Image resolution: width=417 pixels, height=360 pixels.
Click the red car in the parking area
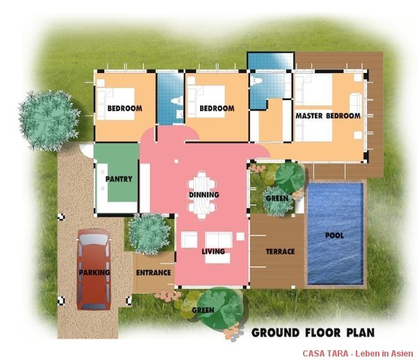tap(94, 270)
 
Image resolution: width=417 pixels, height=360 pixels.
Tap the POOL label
tap(334, 236)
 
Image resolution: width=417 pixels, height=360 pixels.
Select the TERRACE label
tap(280, 252)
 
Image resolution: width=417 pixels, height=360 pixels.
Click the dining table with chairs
tap(202, 195)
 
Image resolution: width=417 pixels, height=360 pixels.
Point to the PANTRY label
tap(119, 179)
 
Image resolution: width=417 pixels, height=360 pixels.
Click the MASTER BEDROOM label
tap(328, 116)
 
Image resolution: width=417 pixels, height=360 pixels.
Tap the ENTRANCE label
tap(154, 272)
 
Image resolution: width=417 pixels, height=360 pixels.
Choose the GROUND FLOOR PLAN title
tap(313, 333)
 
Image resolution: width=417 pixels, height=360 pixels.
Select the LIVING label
tap(213, 252)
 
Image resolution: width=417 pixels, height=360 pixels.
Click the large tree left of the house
tap(49, 120)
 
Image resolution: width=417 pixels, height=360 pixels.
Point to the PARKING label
tap(95, 272)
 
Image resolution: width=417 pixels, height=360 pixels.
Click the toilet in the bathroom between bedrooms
tap(177, 101)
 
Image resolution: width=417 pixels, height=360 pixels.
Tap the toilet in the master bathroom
tap(256, 81)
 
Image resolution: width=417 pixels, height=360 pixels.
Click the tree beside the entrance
tap(149, 234)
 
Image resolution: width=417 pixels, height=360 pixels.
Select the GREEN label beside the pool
tap(277, 198)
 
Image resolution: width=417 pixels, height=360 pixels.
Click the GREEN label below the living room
tap(203, 310)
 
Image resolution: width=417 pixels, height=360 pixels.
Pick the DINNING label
tap(204, 195)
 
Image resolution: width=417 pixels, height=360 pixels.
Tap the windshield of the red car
tap(94, 240)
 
